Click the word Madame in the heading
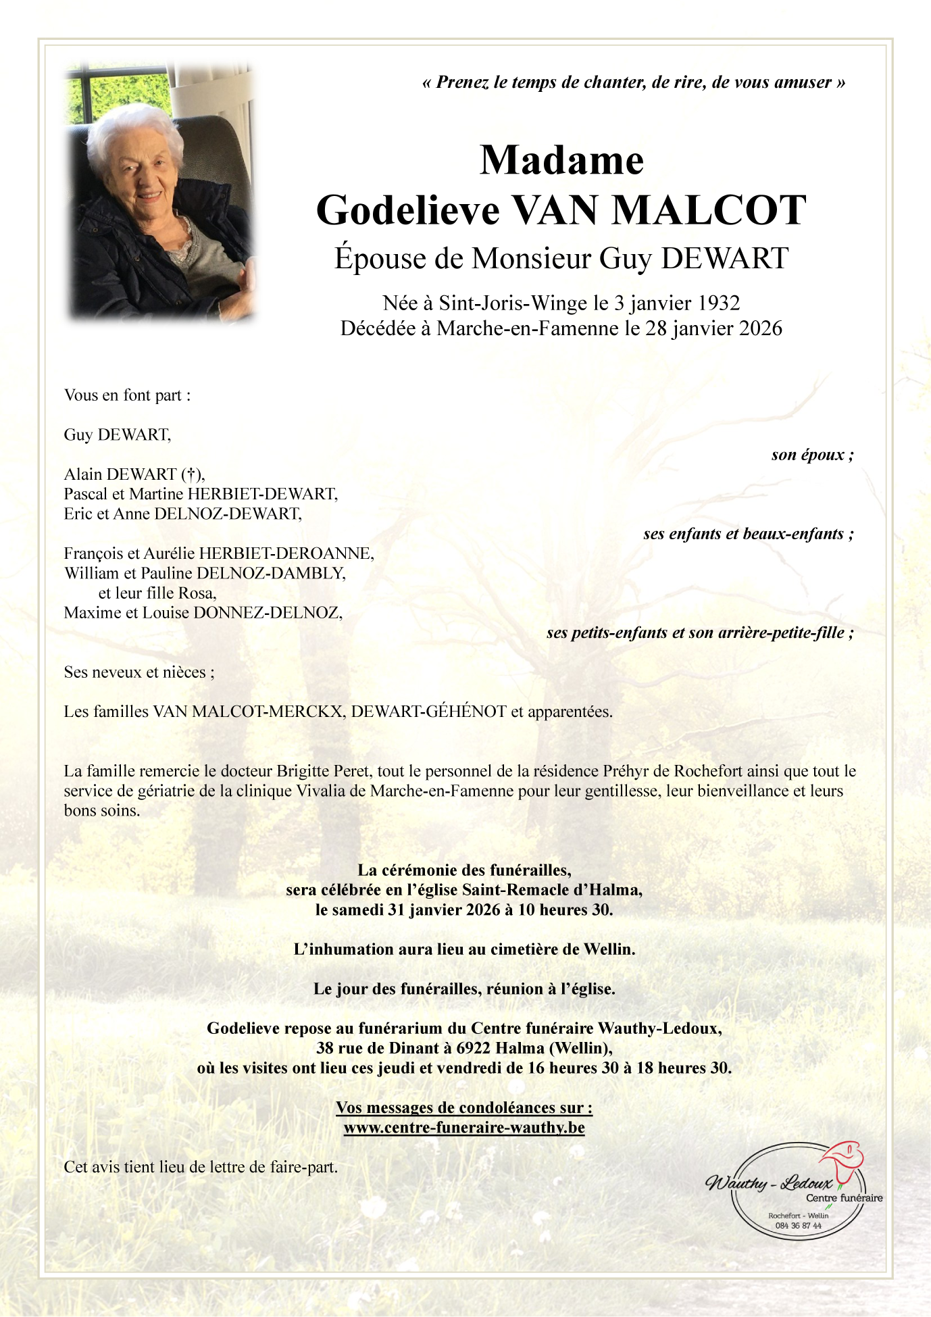click(x=561, y=161)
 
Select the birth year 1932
click(x=720, y=303)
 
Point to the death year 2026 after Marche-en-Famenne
click(x=761, y=328)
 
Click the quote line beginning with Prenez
click(x=634, y=82)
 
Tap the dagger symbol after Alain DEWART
click(x=192, y=474)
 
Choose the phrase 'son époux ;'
click(x=812, y=455)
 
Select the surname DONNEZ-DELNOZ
click(x=268, y=613)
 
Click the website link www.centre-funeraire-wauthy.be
click(x=464, y=1127)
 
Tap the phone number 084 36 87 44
click(x=798, y=1226)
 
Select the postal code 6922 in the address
click(x=474, y=1048)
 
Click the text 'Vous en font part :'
click(x=127, y=395)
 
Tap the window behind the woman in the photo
click(x=118, y=91)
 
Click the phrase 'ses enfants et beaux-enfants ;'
click(x=748, y=534)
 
